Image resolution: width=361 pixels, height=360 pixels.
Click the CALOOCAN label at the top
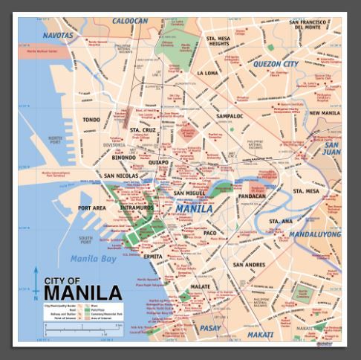[x=130, y=22]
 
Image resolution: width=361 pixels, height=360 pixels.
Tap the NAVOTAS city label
[x=58, y=35]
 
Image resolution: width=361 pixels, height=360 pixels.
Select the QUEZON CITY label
[x=276, y=64]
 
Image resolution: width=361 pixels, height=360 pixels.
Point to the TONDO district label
[x=91, y=119]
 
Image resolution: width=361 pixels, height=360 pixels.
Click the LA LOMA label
[x=209, y=74]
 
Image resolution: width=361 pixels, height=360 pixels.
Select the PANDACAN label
[x=252, y=196]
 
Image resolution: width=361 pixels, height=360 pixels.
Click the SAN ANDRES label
[x=249, y=264]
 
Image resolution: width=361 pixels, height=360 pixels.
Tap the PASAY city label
[x=209, y=327]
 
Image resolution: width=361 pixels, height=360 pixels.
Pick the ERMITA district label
[x=153, y=256]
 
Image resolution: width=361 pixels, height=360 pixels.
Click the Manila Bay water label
[x=94, y=258]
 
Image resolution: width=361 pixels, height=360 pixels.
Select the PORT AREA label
[x=92, y=208]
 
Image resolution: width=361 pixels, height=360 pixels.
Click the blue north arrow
[x=36, y=283]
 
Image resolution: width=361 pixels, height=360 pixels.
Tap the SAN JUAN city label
[x=331, y=149]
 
